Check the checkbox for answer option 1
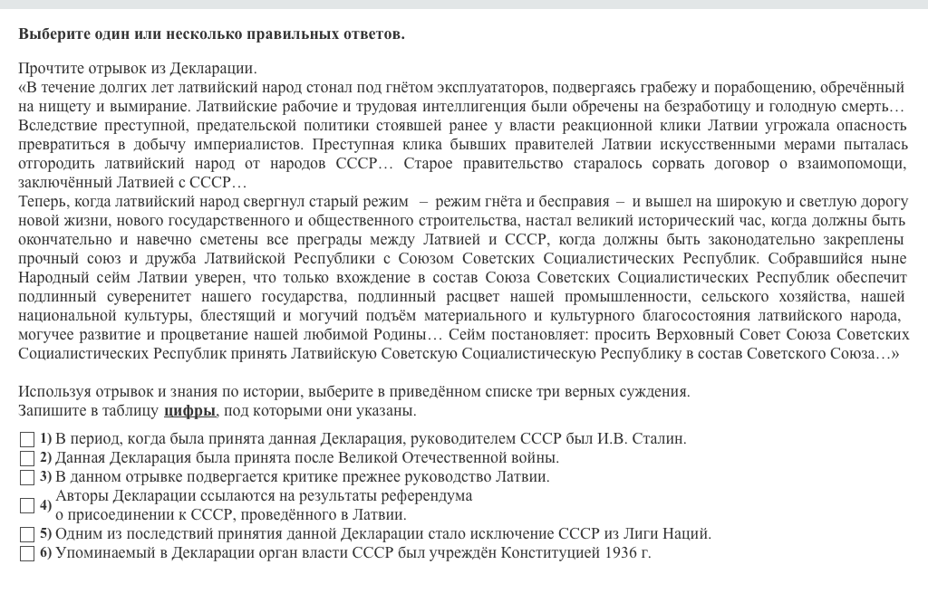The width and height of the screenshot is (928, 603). pos(27,439)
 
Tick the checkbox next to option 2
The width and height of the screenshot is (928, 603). pos(27,458)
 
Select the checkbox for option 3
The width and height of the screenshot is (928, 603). pos(27,477)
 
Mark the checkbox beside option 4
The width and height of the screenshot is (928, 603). pos(27,505)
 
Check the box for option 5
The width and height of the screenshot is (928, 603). pos(27,534)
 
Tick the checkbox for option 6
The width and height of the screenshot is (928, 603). pos(27,553)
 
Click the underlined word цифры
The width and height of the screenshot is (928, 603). pos(189,411)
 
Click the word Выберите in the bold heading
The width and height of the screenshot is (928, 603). pos(53,34)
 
